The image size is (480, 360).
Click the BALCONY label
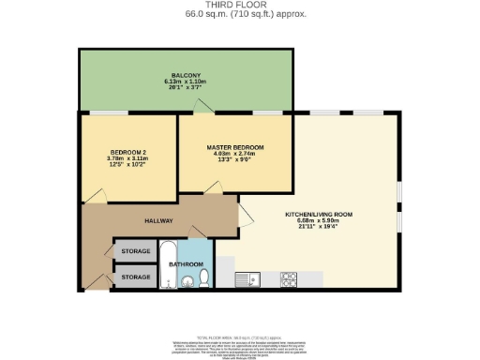184,75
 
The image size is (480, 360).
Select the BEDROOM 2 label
128,152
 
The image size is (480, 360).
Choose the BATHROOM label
186,264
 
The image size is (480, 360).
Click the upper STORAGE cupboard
136,251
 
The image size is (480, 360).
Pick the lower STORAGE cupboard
136,277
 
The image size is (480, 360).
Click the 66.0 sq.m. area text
239,15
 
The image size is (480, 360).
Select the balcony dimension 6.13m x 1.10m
184,82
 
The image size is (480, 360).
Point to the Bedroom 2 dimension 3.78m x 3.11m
128,158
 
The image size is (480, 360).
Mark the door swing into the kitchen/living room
246,215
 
